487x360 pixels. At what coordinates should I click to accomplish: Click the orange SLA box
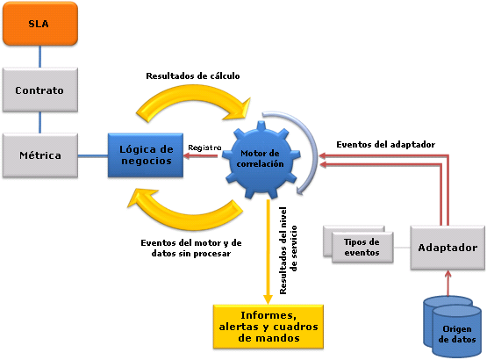pyautogui.click(x=39, y=25)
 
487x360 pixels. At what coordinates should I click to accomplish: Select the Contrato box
pyautogui.click(x=39, y=90)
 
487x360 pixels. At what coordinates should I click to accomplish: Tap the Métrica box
pyautogui.click(x=39, y=155)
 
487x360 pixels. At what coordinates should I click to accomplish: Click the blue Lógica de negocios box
pyautogui.click(x=146, y=155)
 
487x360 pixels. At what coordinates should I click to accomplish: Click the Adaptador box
pyautogui.click(x=447, y=248)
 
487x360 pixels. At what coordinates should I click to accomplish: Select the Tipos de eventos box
pyautogui.click(x=361, y=247)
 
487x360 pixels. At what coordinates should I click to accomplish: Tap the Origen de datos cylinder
pyautogui.click(x=457, y=328)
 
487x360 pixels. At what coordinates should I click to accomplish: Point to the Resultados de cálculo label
pyautogui.click(x=192, y=76)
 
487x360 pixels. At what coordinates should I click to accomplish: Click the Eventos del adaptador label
pyautogui.click(x=386, y=144)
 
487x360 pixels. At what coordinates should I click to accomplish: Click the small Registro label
pyautogui.click(x=205, y=147)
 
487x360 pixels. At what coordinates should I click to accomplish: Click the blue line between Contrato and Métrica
pyautogui.click(x=39, y=123)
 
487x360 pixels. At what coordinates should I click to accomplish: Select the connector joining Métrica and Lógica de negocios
pyautogui.click(x=92, y=156)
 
